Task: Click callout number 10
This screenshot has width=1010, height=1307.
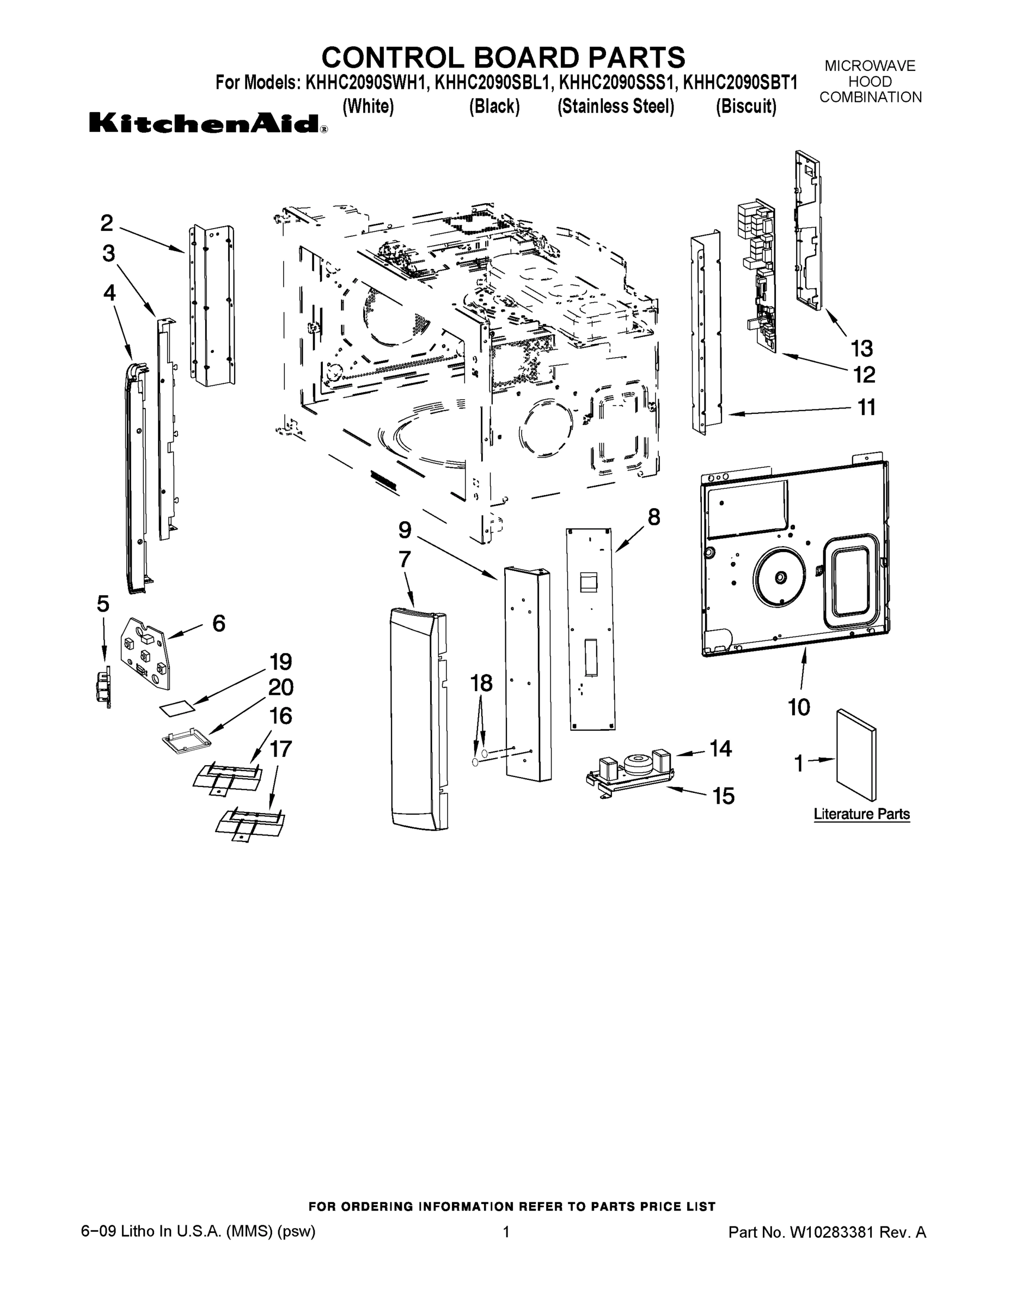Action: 799,707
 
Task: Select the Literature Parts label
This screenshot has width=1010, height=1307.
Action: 861,814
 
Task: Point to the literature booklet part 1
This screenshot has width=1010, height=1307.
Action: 855,754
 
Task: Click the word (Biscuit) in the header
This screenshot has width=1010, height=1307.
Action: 745,107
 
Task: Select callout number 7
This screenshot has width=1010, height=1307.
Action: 405,559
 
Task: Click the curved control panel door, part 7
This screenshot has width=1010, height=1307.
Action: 416,718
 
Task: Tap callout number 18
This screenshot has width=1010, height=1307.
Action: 481,683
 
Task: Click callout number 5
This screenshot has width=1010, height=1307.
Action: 103,604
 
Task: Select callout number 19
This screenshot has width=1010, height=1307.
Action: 280,662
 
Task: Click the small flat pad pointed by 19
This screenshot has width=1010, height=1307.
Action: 177,709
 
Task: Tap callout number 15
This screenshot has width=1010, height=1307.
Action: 723,796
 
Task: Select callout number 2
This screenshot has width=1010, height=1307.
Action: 107,223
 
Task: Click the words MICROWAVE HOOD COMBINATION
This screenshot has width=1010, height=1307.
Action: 870,81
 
